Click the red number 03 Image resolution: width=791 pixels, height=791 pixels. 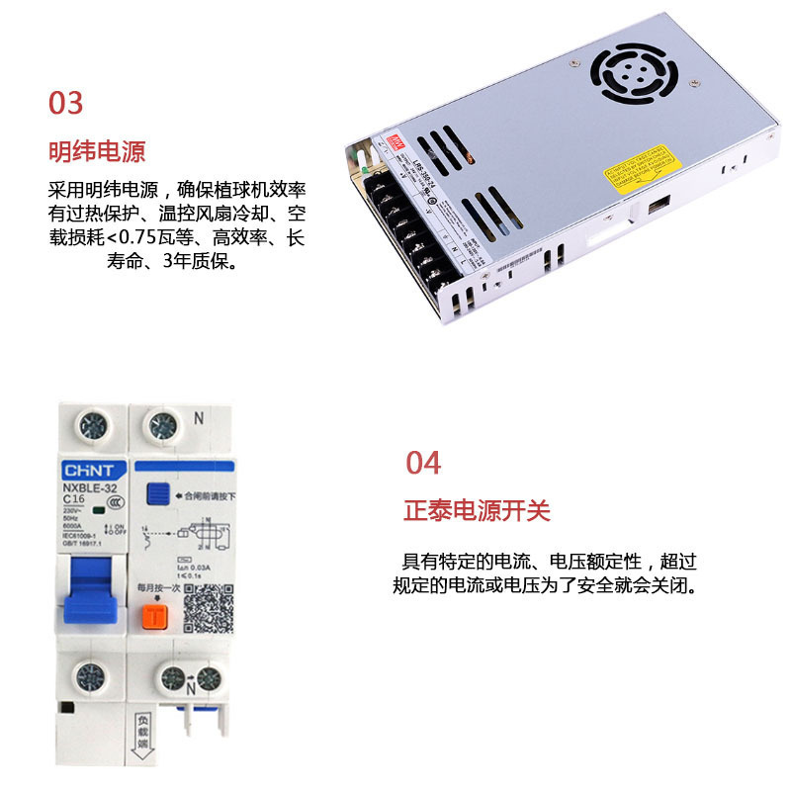tap(66, 103)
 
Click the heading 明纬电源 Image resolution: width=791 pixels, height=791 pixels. tap(97, 152)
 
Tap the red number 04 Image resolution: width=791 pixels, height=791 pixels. tap(423, 463)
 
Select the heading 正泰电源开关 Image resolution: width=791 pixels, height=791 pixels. tap(477, 511)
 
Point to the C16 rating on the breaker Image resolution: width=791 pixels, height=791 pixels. tap(75, 501)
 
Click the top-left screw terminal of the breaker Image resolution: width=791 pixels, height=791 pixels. tap(95, 426)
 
